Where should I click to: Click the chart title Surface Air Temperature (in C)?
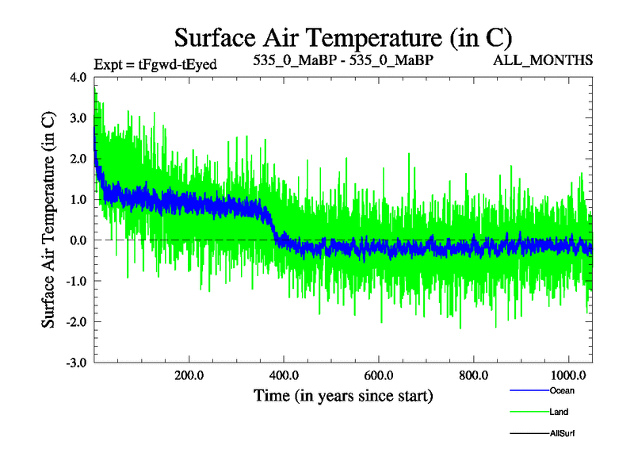(343, 37)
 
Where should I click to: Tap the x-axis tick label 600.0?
(378, 374)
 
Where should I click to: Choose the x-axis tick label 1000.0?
(567, 374)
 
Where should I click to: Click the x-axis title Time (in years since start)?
(343, 394)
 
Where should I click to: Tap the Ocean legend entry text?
(562, 390)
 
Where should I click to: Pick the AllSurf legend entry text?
(563, 433)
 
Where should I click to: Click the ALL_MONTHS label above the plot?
(554, 60)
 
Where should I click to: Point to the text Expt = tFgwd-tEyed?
(155, 63)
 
